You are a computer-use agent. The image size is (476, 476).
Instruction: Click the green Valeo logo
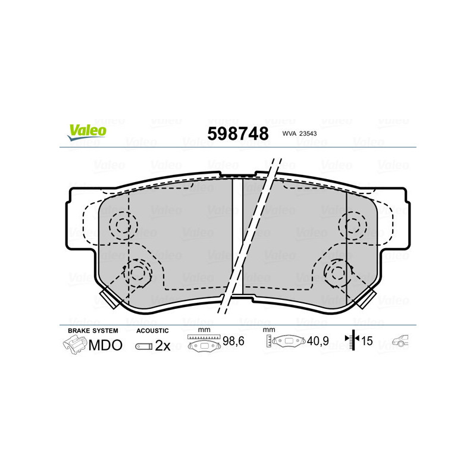click(87, 132)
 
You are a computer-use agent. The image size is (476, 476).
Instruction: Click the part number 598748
click(238, 133)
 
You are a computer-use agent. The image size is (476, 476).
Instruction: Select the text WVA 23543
click(299, 133)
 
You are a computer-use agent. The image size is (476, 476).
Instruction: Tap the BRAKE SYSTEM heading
click(93, 331)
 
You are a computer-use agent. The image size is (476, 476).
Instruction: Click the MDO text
click(105, 345)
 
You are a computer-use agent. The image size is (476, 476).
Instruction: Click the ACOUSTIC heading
click(152, 331)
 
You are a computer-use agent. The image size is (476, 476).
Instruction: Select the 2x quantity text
click(162, 346)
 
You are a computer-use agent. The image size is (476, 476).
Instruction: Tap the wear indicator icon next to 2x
click(144, 346)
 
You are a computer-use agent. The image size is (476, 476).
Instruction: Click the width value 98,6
click(233, 341)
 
